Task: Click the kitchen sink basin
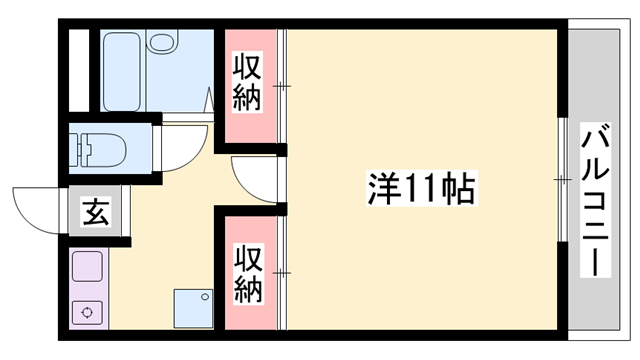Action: pyautogui.click(x=87, y=268)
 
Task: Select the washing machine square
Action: pyautogui.click(x=193, y=308)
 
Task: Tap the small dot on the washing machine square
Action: pyautogui.click(x=206, y=296)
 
